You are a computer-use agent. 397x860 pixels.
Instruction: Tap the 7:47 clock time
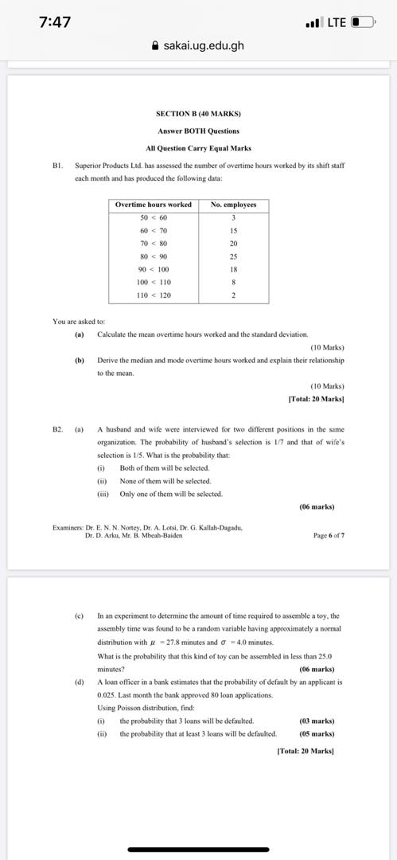[x=56, y=21]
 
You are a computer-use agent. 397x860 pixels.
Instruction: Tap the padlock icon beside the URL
[x=155, y=46]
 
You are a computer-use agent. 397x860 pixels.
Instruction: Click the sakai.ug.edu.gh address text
[x=203, y=46]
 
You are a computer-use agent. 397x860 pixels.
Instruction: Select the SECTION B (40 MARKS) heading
[x=198, y=114]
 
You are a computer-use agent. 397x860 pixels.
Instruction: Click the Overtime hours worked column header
[x=154, y=205]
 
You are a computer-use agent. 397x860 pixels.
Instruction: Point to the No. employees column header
[x=233, y=205]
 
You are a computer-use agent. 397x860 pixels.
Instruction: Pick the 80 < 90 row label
[x=154, y=256]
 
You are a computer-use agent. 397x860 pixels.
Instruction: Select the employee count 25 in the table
[x=233, y=256]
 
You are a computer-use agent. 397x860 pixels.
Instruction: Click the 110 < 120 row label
[x=154, y=295]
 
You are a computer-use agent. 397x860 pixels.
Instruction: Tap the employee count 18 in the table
[x=233, y=269]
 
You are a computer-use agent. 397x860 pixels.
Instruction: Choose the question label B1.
[x=57, y=166]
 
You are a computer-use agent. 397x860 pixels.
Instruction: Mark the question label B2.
[x=57, y=429]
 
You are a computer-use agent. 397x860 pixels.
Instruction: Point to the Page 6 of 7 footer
[x=329, y=535]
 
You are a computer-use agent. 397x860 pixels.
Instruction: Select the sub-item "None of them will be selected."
[x=165, y=481]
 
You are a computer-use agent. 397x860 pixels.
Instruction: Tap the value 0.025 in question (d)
[x=107, y=695]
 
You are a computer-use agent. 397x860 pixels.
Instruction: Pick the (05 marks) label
[x=317, y=733]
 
